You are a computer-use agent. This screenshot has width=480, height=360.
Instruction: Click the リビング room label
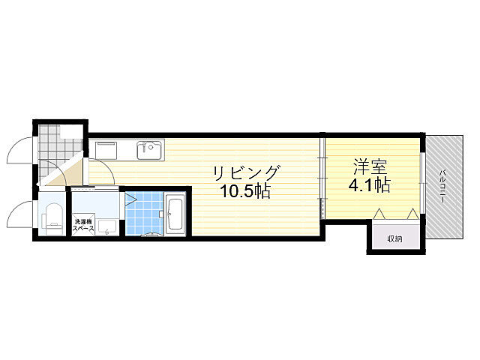tap(247, 173)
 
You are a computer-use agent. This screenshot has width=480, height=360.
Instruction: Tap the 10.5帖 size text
tap(245, 192)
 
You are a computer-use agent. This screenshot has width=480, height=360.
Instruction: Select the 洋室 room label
tap(370, 166)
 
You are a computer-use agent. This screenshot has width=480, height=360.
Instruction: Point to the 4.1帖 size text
tap(370, 184)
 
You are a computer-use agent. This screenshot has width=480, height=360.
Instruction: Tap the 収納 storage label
tap(394, 238)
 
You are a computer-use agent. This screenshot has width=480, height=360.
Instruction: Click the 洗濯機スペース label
tap(82, 225)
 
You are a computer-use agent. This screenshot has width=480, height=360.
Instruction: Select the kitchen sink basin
tap(149, 150)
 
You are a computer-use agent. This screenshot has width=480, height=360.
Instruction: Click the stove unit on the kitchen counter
tap(106, 150)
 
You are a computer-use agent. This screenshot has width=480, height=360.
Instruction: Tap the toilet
tap(53, 218)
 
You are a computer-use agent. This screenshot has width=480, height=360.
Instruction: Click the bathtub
tap(175, 214)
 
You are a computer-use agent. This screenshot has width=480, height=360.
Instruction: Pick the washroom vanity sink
tap(106, 227)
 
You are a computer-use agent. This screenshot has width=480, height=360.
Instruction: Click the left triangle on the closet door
tap(379, 214)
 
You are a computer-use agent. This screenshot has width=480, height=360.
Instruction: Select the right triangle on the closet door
tap(412, 214)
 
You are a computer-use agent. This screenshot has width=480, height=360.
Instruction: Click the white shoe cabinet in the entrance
tap(72, 132)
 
